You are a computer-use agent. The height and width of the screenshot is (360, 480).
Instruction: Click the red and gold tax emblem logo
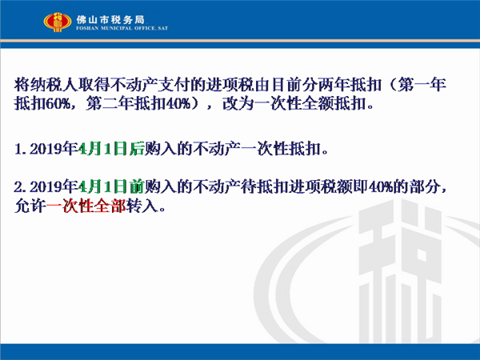(58, 22)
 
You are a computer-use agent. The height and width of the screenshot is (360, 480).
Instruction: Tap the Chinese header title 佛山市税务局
(110, 20)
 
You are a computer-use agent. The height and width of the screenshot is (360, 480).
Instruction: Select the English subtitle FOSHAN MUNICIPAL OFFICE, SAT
(122, 28)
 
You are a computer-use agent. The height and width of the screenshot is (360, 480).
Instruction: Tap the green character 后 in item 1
(137, 149)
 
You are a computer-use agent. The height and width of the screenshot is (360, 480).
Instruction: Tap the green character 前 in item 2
(137, 186)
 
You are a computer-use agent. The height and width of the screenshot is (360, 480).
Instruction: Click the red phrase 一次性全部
(86, 206)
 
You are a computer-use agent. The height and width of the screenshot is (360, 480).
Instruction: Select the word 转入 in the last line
(142, 206)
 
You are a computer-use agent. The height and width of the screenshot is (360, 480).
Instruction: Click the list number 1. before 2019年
(22, 149)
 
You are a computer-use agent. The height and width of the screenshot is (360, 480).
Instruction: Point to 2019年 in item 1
(54, 149)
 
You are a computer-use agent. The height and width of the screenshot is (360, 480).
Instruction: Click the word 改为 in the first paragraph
(238, 103)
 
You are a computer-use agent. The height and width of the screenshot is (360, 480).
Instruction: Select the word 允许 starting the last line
(30, 206)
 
